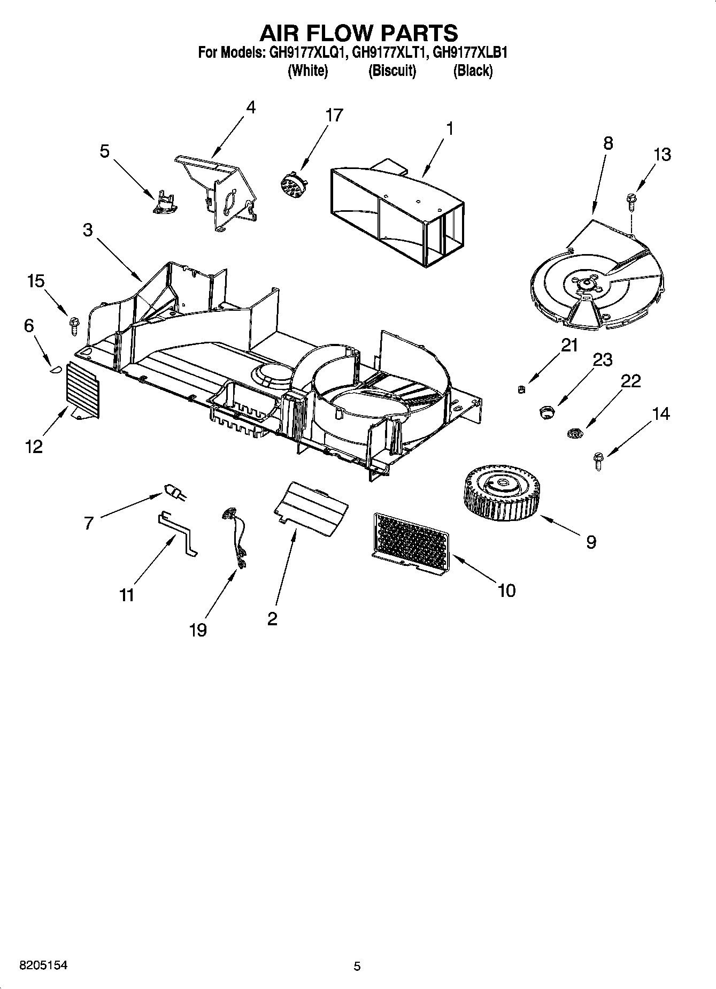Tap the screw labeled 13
630,202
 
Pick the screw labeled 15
73,325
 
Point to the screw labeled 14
598,461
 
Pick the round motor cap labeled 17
292,183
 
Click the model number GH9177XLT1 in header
390,53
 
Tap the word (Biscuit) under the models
392,70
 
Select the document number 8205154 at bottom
43,965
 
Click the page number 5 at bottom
357,966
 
